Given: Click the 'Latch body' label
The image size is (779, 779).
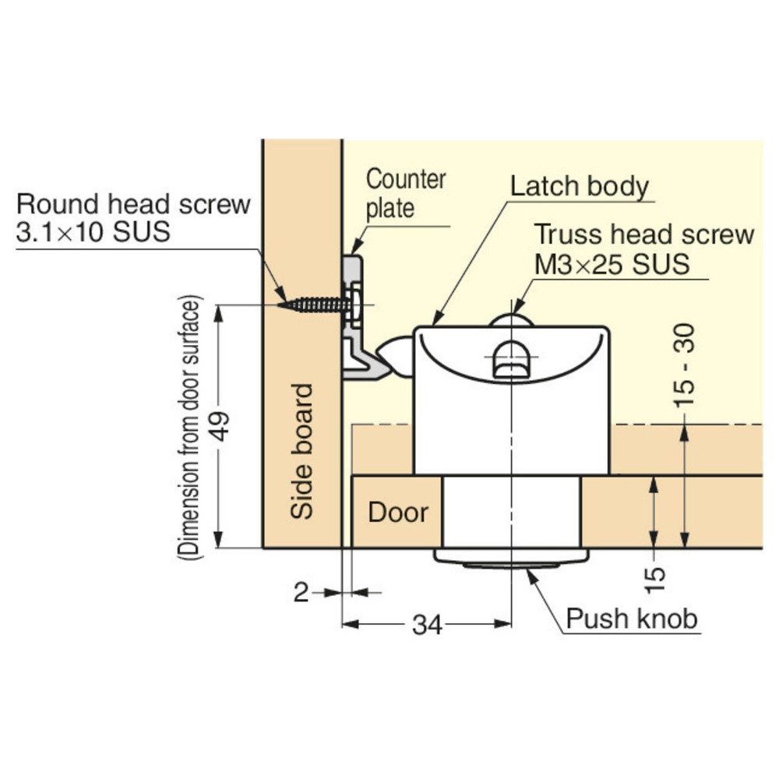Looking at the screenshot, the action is pos(580,186).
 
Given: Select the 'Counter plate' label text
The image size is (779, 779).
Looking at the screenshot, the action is pos(405,194).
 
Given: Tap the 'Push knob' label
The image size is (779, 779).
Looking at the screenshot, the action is pos(632,619).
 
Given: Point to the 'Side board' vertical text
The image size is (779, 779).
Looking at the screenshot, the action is pos(302,451).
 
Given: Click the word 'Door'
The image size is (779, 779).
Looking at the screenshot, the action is pos(398,513).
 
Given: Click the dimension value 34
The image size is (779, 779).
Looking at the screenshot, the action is pos(427,625).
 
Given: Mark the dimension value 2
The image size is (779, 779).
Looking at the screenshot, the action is pos(301,593).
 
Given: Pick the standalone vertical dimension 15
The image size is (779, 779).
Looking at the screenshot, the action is pos(655,580).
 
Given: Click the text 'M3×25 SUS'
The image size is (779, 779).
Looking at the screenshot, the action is pos(612,264).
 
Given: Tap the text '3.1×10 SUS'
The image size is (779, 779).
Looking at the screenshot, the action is pos(93,231).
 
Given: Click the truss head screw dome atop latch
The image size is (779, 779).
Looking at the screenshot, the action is pos(511,320).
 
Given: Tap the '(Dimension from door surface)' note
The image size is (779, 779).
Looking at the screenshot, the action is pos(190,427).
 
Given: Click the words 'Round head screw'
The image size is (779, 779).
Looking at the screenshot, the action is pos(133,204).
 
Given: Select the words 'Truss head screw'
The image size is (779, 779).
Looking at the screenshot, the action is pos(644,234).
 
